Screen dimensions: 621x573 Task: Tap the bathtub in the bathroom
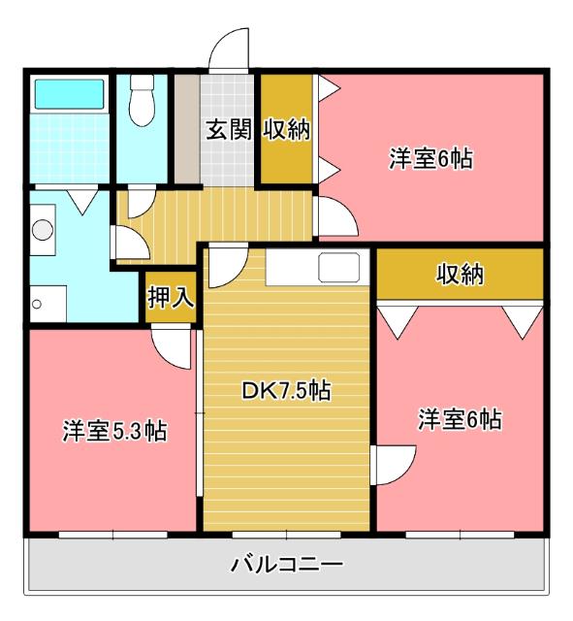[69, 93]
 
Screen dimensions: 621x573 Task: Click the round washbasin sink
[42, 230]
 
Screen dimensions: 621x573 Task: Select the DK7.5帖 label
[286, 391]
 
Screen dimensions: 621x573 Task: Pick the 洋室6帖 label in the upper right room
[431, 158]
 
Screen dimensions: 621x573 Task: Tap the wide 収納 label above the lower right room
[459, 275]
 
